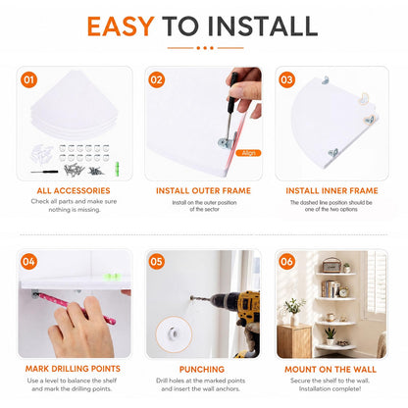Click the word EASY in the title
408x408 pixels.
coord(121,26)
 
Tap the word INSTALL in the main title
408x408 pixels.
coord(263,26)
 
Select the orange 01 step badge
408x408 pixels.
coord(28,80)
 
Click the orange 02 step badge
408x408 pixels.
coord(157,80)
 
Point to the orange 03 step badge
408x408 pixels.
coord(286,80)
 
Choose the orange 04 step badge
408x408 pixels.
coord(28,262)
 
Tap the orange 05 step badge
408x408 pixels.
coord(156,262)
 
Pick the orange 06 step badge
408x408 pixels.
coord(286,262)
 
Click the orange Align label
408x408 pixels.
coord(248,153)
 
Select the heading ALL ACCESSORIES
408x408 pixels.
coord(74,190)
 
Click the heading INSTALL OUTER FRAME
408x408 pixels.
coord(203,190)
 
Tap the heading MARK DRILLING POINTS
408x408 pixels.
coord(73,369)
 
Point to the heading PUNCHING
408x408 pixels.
coord(202,370)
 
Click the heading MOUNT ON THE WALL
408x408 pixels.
coord(331,370)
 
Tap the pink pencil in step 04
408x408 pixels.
coord(76,308)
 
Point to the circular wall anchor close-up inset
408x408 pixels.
coord(174,333)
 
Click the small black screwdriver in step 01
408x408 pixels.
coord(44,172)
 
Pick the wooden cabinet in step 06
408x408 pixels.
coord(294,341)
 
